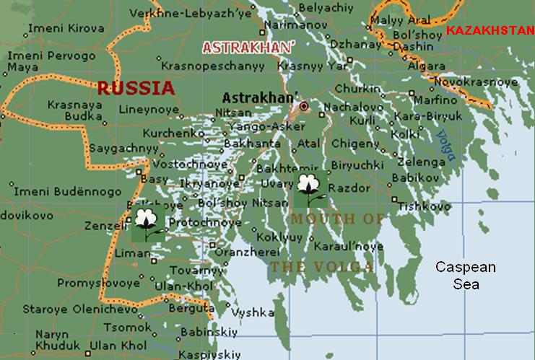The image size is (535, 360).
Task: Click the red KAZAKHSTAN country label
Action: (x=488, y=30)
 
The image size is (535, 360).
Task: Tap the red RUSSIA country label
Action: (x=136, y=89)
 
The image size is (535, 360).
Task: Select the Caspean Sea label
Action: (x=465, y=276)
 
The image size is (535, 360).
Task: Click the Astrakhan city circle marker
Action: (x=304, y=106)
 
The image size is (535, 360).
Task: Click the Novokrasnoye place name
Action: (x=485, y=82)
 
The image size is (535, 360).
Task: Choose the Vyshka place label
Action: (x=253, y=312)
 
